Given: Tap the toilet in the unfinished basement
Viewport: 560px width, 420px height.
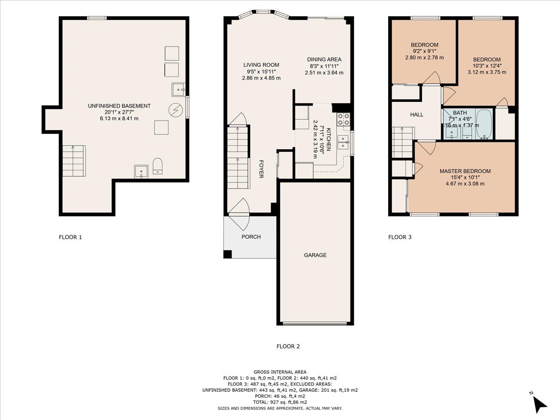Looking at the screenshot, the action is (157, 166).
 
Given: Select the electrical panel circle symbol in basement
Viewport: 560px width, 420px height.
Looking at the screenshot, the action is (175, 111).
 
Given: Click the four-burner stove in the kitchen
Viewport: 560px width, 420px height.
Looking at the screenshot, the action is (343, 119).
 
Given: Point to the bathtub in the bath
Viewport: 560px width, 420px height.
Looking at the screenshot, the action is (484, 124).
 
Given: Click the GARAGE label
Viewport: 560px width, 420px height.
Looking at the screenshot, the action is (315, 255).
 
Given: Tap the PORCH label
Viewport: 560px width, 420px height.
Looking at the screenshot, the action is (251, 237).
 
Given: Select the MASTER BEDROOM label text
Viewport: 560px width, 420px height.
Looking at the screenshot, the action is (465, 171).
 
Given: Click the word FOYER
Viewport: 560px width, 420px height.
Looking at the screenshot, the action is (261, 169).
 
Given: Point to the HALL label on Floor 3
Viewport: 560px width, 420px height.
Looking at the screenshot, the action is (417, 115).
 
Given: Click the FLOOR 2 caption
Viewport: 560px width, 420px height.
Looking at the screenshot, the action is (288, 346).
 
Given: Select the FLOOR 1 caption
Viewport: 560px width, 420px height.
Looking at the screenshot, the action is (70, 237).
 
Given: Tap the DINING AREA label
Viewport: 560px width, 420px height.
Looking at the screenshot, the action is (324, 59).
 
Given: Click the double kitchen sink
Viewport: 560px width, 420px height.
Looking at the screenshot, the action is (343, 142).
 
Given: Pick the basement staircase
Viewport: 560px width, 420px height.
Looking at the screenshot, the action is (74, 161).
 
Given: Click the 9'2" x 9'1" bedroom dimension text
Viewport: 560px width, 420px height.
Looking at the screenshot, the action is (424, 51).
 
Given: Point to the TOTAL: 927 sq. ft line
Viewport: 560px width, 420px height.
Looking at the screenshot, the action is (280, 402).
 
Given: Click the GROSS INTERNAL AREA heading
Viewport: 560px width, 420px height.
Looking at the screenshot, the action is (280, 372).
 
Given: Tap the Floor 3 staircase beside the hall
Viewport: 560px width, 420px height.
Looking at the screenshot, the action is (403, 142).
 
